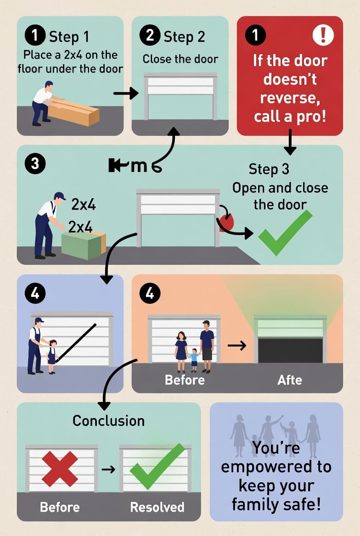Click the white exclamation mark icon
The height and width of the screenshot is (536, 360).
tap(323, 35)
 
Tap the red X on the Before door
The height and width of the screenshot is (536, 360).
tap(60, 468)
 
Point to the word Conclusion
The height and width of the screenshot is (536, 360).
tap(108, 420)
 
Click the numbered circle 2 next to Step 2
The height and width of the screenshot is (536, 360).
tap(150, 36)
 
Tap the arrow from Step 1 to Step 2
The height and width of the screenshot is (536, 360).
tap(126, 94)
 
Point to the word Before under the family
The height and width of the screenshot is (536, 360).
tap(185, 380)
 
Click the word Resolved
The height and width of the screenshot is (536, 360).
tap(157, 507)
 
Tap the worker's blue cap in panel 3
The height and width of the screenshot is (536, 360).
tap(59, 196)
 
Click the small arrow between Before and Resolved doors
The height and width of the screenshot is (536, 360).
tap(108, 469)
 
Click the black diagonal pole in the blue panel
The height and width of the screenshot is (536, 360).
tap(76, 342)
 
